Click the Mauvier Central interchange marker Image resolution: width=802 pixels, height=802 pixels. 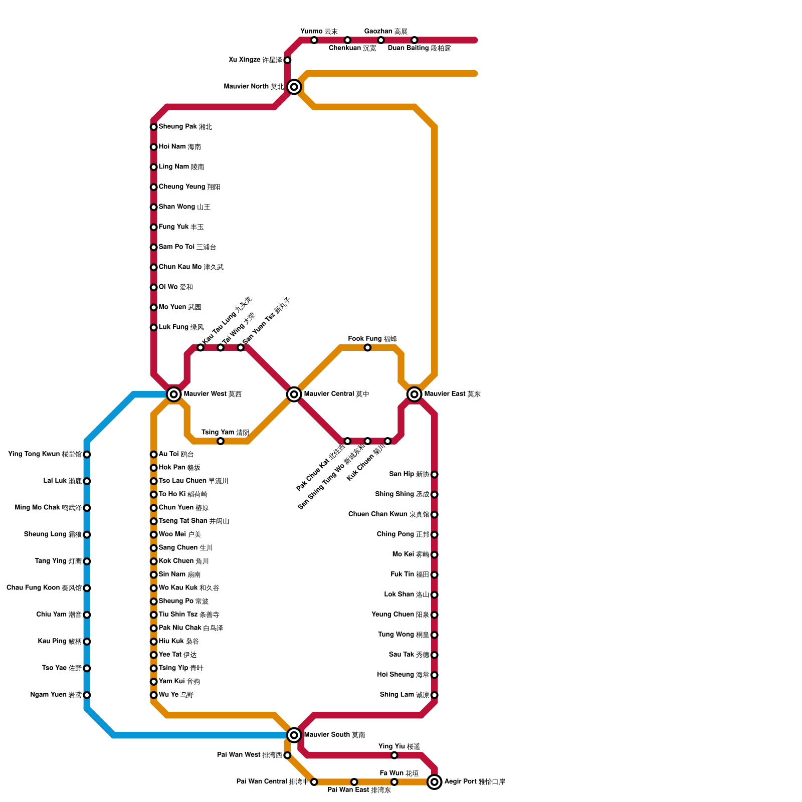click(x=294, y=394)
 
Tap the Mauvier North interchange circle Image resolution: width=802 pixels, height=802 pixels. click(x=294, y=87)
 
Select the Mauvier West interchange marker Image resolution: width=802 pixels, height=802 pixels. click(x=174, y=394)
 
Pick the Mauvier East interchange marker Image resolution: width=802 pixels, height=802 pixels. click(x=415, y=394)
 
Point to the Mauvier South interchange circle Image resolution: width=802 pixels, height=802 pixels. click(x=294, y=735)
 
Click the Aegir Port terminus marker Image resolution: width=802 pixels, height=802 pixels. click(x=435, y=782)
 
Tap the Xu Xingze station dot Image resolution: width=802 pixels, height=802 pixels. click(x=287, y=60)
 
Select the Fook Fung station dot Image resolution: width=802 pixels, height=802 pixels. click(x=367, y=347)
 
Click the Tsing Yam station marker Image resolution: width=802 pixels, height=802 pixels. click(x=221, y=441)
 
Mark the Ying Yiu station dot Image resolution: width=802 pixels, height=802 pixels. click(x=394, y=755)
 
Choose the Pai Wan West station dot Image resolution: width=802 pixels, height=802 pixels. click(x=287, y=755)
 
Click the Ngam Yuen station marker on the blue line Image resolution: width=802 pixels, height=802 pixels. click(x=87, y=695)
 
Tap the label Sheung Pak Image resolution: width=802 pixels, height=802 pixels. click(x=185, y=127)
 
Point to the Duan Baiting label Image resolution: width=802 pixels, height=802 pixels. click(x=419, y=49)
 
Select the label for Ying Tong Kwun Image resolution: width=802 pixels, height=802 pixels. click(x=45, y=455)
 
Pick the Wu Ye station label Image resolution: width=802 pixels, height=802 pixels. click(x=176, y=695)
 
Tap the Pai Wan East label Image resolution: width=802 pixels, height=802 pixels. click(x=359, y=790)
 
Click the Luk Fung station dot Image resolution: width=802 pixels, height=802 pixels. click(x=154, y=327)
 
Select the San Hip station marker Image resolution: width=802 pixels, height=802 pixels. click(x=435, y=475)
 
